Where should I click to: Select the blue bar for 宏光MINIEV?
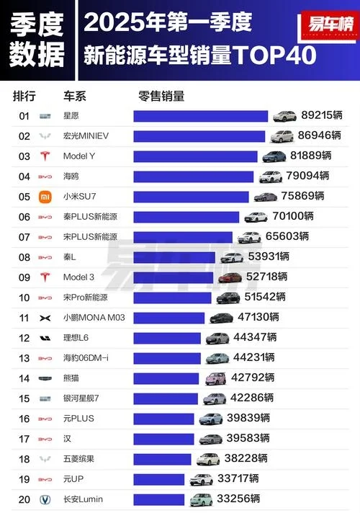(199, 135)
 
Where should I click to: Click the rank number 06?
(24, 216)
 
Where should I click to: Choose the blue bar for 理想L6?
(167, 337)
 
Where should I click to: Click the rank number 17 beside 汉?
(24, 438)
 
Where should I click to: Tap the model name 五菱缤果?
(78, 458)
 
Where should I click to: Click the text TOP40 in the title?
(275, 55)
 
